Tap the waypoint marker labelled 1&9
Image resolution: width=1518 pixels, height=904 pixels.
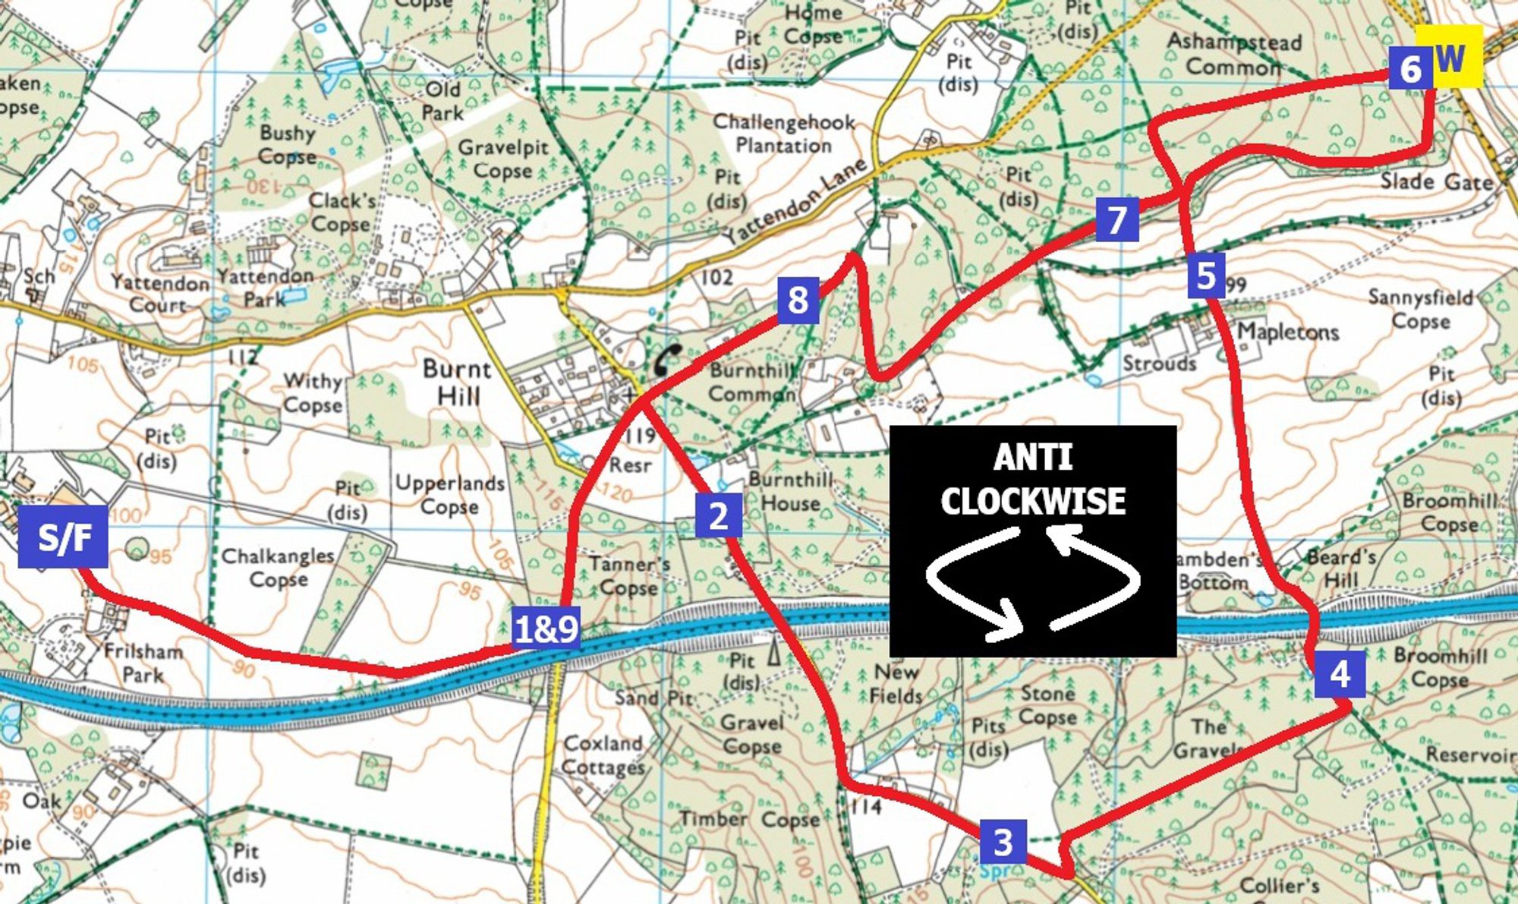click(x=546, y=628)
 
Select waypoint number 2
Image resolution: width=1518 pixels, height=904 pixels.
click(x=718, y=515)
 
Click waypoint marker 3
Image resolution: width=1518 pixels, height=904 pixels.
click(x=1003, y=841)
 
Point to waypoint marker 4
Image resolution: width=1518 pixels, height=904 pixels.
click(x=1340, y=673)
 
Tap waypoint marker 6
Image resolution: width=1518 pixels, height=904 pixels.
click(x=1409, y=68)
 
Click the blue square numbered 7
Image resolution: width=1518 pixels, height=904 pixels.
click(x=1116, y=219)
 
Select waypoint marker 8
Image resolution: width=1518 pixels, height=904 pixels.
click(x=798, y=299)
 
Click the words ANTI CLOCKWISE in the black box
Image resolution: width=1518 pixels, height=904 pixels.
click(x=1033, y=480)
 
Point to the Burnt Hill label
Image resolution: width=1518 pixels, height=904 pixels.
click(x=457, y=382)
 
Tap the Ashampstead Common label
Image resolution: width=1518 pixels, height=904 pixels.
click(x=1233, y=54)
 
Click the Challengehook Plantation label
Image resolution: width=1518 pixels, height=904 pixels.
click(x=783, y=133)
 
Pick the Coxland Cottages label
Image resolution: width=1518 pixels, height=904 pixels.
click(x=603, y=755)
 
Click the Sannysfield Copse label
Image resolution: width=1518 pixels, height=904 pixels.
click(x=1419, y=309)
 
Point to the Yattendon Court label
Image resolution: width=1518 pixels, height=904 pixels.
click(x=159, y=294)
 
